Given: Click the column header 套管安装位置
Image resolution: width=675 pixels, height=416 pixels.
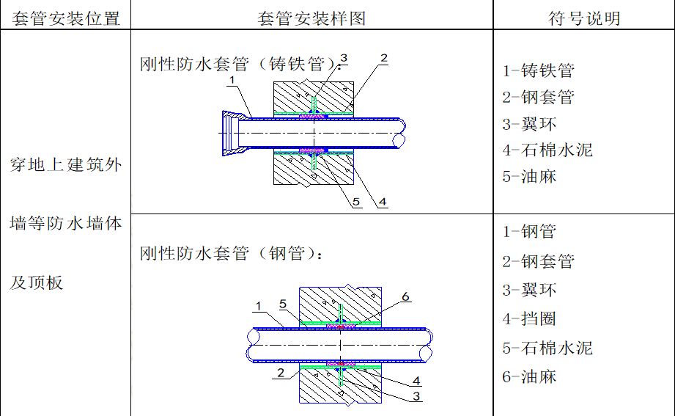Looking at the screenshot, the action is (66, 18).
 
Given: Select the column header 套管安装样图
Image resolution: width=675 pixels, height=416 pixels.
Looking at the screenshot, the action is (311, 18).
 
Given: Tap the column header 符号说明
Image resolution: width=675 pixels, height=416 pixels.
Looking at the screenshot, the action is (584, 18).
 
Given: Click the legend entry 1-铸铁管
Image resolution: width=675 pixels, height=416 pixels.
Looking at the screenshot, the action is (538, 70).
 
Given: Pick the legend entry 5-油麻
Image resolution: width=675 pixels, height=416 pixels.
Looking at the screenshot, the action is (529, 176).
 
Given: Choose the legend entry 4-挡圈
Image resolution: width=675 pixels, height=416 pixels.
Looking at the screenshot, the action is (529, 318).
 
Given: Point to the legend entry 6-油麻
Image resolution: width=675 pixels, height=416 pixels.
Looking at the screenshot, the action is (529, 376).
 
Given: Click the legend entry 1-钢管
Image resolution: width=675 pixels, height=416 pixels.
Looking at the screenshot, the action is (529, 232).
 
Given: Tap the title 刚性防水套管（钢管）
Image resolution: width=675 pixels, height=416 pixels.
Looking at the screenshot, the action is (231, 253).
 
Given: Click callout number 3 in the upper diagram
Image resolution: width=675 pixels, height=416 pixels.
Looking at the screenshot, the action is (344, 58).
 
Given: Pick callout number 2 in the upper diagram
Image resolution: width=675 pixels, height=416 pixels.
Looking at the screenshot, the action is (384, 58).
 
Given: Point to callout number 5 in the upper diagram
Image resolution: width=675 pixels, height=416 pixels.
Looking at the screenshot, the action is (356, 201).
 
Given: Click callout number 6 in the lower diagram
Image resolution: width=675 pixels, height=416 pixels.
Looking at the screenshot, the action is (405, 296).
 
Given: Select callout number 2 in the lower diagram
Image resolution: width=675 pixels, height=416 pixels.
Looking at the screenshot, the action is (281, 373).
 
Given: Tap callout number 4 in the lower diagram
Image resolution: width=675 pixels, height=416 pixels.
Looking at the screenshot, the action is (416, 381).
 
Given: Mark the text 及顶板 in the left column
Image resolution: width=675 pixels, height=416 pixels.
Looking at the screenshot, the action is (37, 282).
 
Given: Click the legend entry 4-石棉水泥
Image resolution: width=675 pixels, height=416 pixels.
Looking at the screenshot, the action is (547, 150).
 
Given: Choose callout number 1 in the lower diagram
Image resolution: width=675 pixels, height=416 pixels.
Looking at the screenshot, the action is (258, 306).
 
